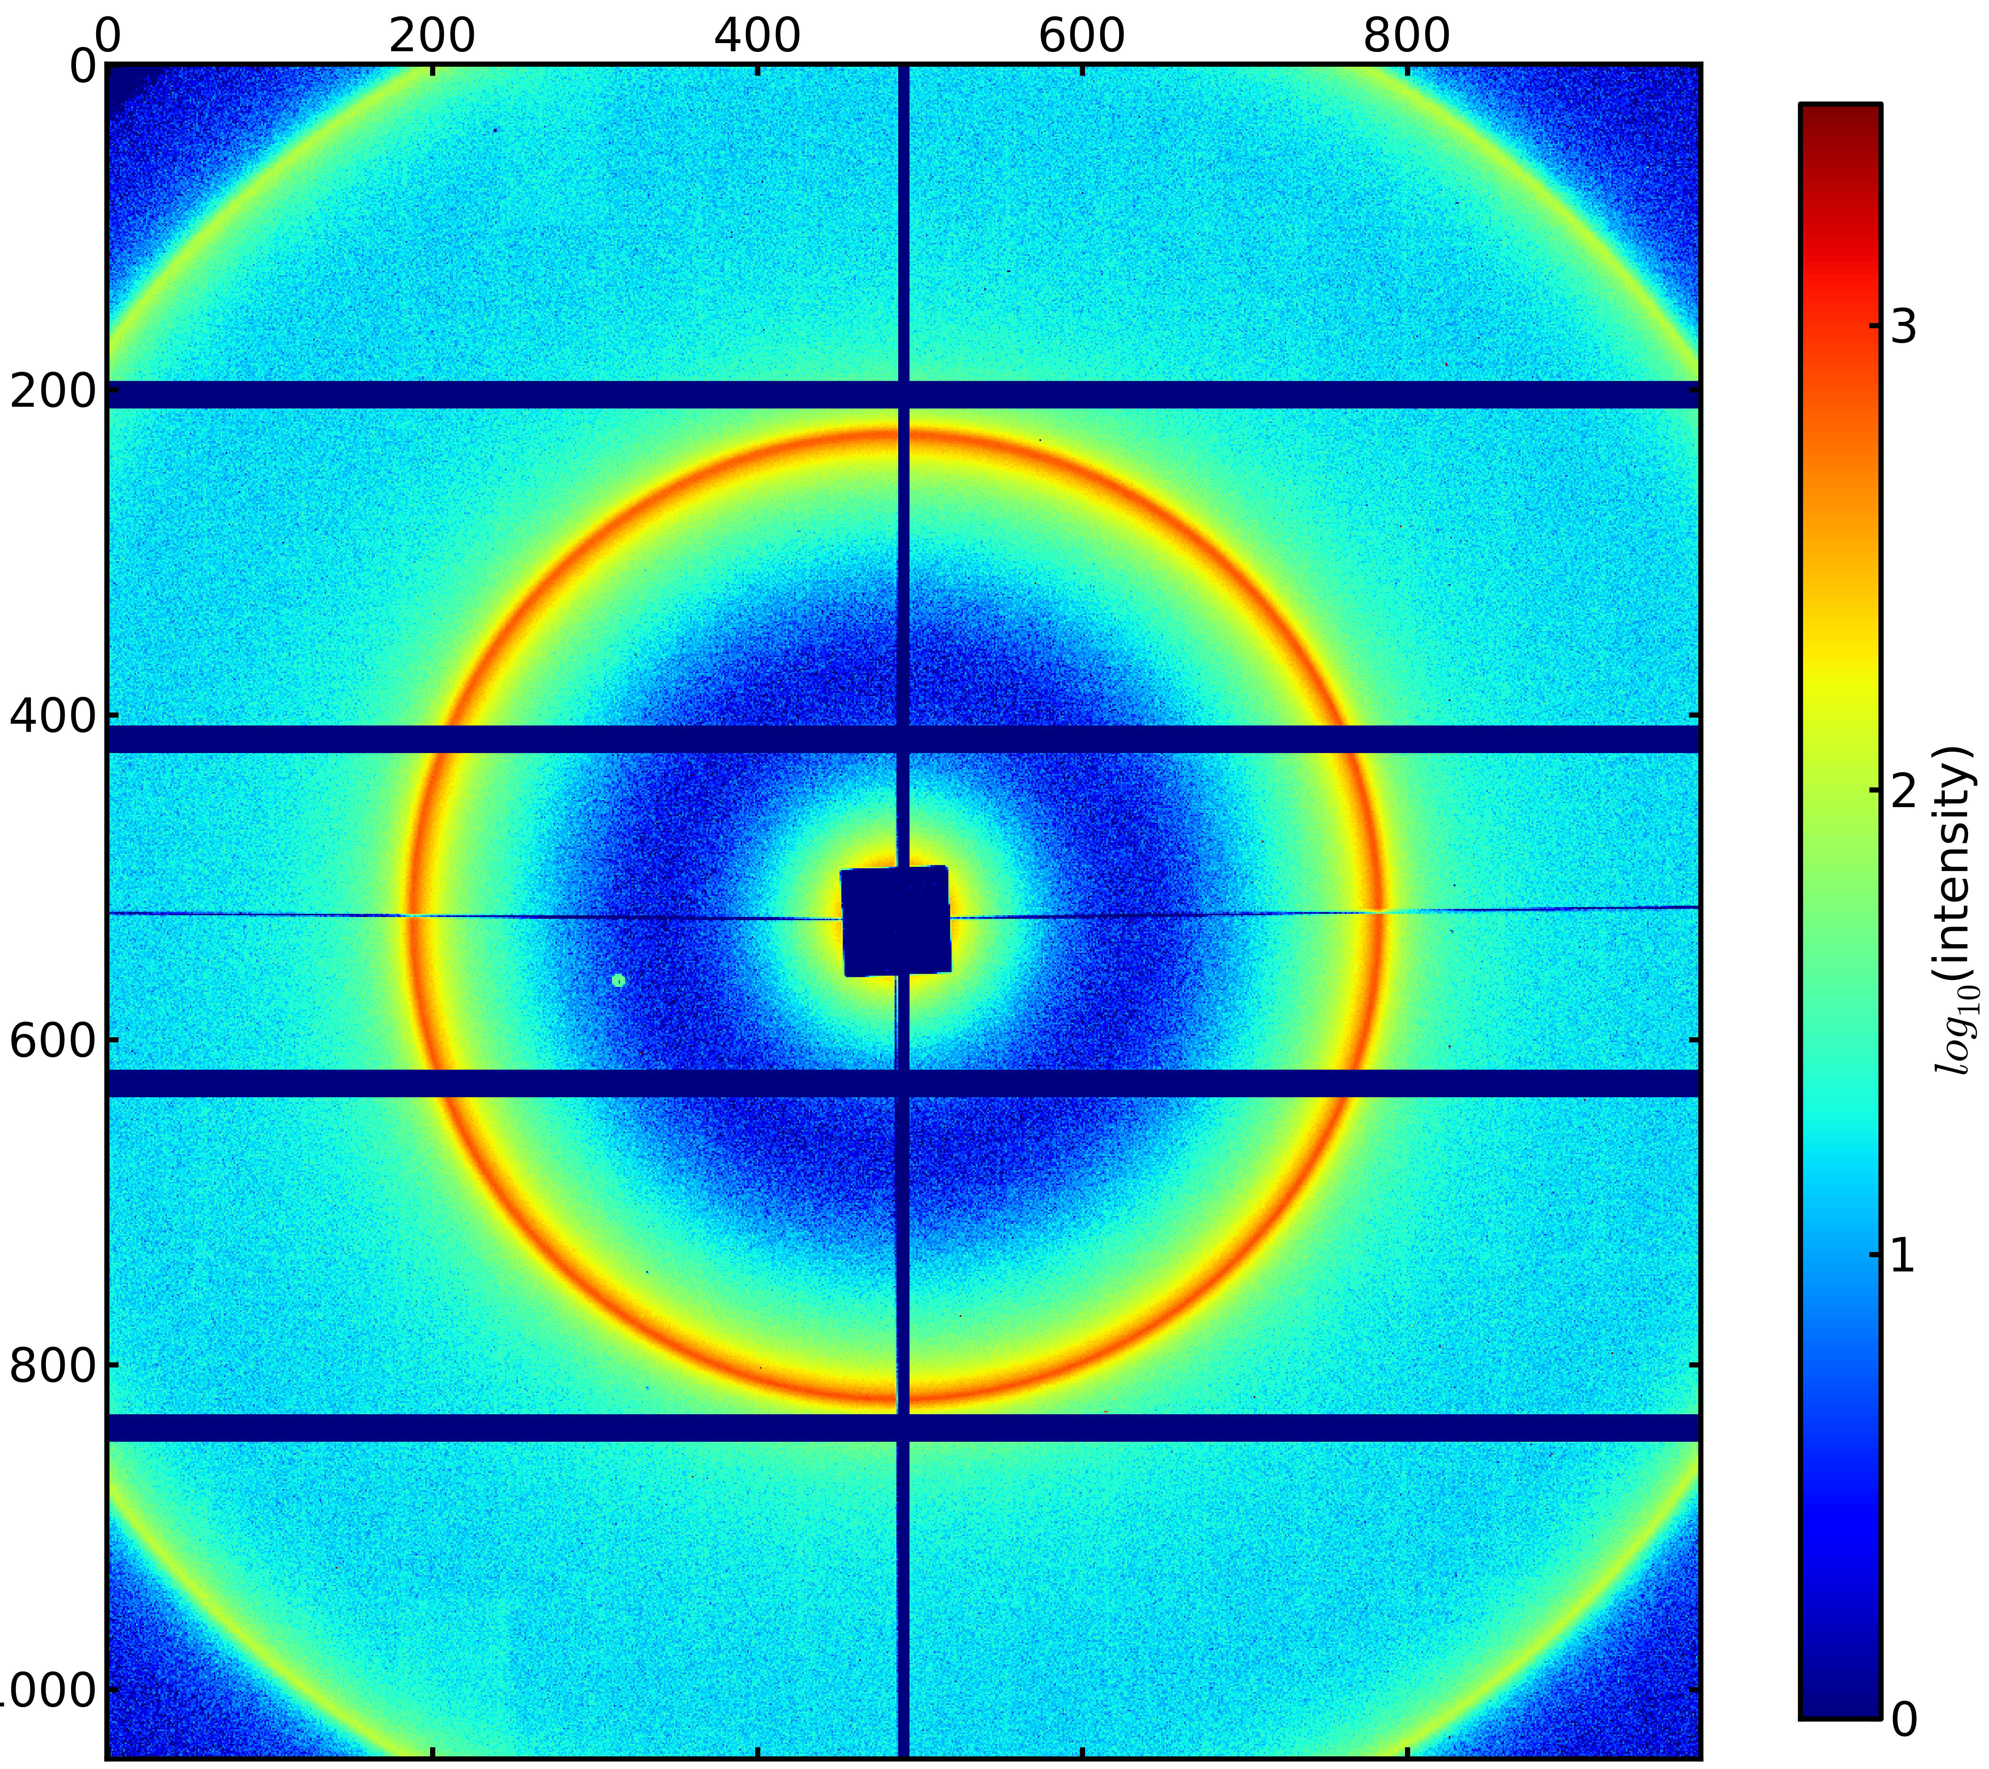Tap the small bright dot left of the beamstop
(x=618, y=980)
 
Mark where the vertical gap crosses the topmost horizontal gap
(x=903, y=394)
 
